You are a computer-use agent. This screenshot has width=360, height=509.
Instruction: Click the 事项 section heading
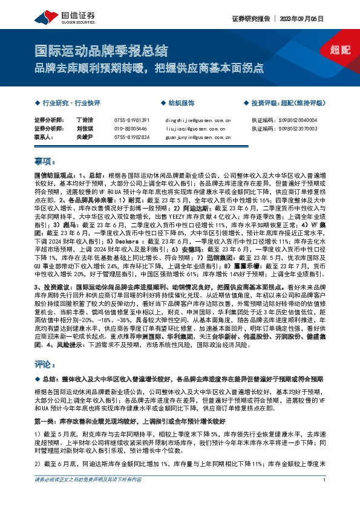click(45, 161)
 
